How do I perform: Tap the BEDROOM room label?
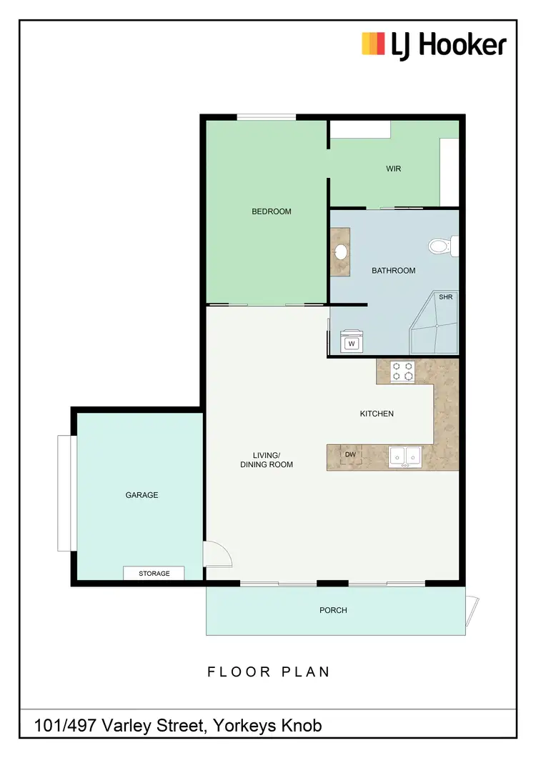[272, 211]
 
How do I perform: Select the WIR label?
[393, 169]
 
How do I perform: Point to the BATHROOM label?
[393, 271]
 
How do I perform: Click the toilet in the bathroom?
[442, 247]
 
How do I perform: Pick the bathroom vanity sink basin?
[341, 251]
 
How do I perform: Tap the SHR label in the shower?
[445, 297]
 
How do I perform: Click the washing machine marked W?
[352, 344]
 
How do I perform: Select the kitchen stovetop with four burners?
[402, 371]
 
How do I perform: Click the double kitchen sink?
[405, 456]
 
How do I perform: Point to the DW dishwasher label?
[350, 454]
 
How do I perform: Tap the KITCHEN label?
[377, 414]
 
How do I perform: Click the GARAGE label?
[142, 495]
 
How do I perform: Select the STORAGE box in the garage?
[154, 573]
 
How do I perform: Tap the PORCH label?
[333, 610]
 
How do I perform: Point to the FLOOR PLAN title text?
[269, 672]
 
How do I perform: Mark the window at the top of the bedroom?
[267, 117]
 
